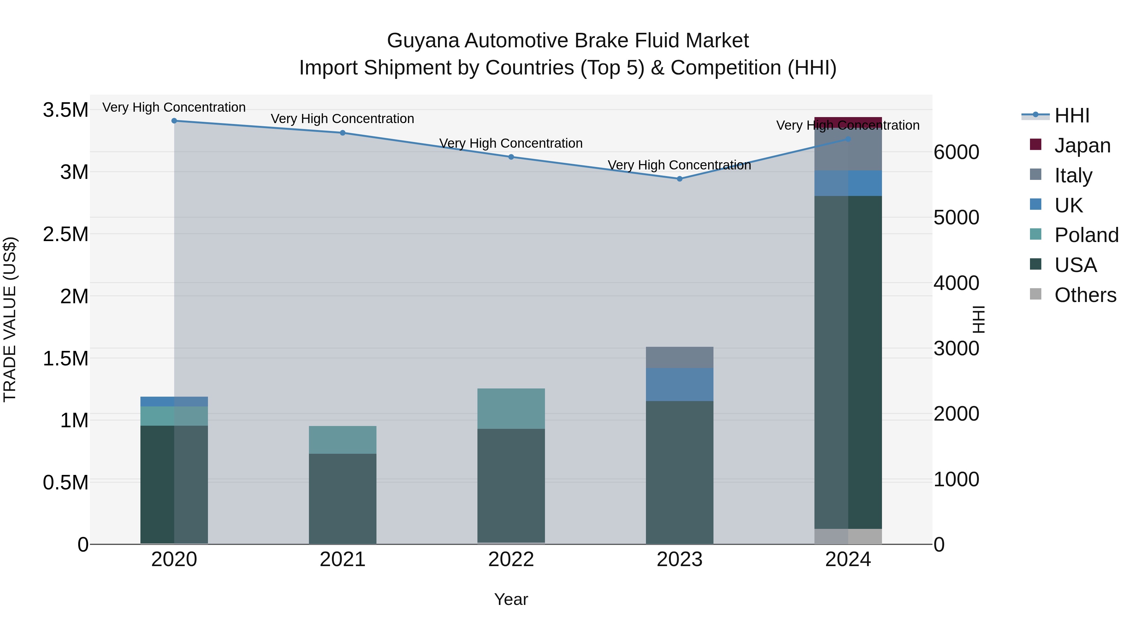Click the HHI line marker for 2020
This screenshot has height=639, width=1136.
174,121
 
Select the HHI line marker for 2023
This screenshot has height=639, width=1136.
680,179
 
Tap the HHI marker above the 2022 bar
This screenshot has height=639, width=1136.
511,157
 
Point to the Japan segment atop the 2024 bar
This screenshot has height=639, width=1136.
848,122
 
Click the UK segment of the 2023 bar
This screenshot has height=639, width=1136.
680,385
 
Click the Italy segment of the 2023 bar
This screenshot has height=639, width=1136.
680,357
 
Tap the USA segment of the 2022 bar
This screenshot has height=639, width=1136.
511,485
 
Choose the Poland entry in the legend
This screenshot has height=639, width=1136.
1086,235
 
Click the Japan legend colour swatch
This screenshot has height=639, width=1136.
1035,145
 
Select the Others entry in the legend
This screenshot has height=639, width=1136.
1085,295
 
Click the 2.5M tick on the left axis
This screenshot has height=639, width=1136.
66,234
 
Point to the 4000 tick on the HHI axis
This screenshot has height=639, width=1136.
956,283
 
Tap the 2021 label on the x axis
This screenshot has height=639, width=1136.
343,559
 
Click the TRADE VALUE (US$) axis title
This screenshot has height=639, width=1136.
10,319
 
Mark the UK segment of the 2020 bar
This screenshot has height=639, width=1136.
174,401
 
